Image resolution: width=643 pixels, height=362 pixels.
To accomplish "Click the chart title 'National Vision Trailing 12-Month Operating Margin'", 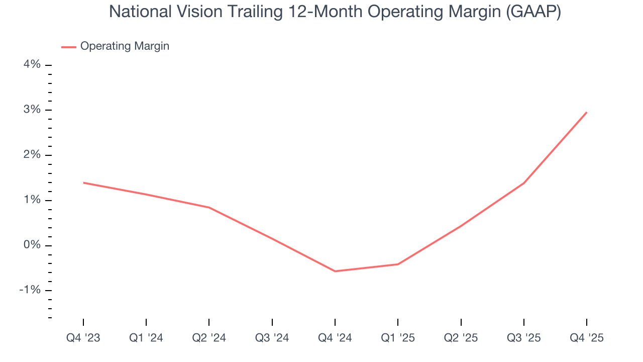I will [335, 12].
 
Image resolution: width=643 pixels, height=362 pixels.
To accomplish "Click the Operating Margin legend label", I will [125, 46].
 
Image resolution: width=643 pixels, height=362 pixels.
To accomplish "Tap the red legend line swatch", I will [68, 47].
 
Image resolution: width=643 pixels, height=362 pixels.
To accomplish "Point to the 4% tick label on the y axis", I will [32, 65].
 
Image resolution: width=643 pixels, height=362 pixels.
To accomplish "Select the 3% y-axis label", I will [32, 110].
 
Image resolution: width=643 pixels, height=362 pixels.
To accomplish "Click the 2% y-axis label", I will [32, 155].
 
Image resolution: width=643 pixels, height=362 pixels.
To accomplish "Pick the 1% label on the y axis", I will [32, 200].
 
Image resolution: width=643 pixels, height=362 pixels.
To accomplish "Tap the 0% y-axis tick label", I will [32, 245].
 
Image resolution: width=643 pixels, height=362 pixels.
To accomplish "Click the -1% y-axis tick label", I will [30, 290].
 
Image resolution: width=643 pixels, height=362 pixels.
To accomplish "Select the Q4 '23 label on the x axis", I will [83, 338].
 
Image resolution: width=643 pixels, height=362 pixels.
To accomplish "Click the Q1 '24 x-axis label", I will [146, 338].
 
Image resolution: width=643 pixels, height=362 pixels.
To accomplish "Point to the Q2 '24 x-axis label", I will [209, 338].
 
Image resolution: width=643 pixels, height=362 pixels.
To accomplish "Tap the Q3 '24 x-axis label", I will [272, 338].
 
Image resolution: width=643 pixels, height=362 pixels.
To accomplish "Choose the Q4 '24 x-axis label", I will [335, 338].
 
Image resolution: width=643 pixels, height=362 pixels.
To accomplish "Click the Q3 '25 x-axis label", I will [524, 338].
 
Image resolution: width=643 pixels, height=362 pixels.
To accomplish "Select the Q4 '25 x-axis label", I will [587, 338].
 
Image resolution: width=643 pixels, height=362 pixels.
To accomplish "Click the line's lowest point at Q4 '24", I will [335, 271].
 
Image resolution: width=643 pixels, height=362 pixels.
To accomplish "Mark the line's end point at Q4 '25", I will [587, 112].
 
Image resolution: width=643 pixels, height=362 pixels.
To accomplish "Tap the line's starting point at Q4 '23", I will [83, 183].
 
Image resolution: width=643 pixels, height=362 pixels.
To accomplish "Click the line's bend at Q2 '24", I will [209, 207].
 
